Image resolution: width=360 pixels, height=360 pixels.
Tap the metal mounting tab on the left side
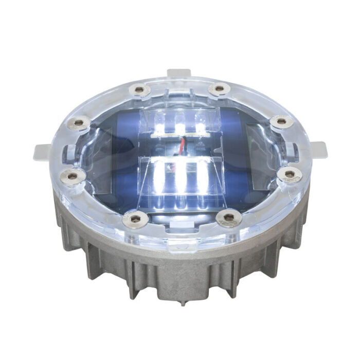pyautogui.click(x=43, y=152)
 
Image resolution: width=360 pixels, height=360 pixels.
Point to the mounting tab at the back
pyautogui.click(x=179, y=74)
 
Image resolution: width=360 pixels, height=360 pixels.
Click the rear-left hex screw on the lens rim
pyautogui.click(x=139, y=91)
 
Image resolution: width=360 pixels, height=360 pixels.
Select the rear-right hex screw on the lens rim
pyautogui.click(x=219, y=89)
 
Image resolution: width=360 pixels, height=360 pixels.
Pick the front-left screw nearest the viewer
pyautogui.click(x=136, y=219)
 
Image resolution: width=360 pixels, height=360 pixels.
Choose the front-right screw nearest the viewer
pyautogui.click(x=228, y=219)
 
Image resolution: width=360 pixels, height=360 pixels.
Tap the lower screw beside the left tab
pyautogui.click(x=73, y=176)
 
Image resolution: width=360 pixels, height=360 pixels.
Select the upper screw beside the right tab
pyautogui.click(x=281, y=122)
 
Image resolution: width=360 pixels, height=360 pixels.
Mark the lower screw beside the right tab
pyautogui.click(x=290, y=174)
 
